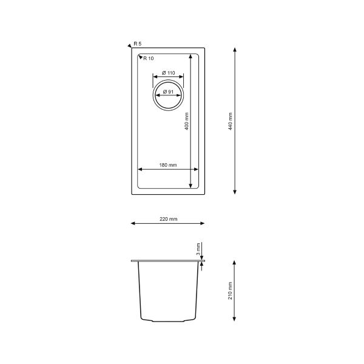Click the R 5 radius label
tap(138, 44)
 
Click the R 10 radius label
tap(149, 58)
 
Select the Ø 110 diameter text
tap(168, 73)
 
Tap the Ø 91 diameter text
tap(168, 92)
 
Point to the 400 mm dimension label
tap(186, 121)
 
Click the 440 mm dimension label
tap(230, 121)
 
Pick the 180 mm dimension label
tap(168, 165)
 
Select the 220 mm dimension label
tap(168, 219)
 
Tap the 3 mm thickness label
tap(198, 249)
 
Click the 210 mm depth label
tap(230, 291)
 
